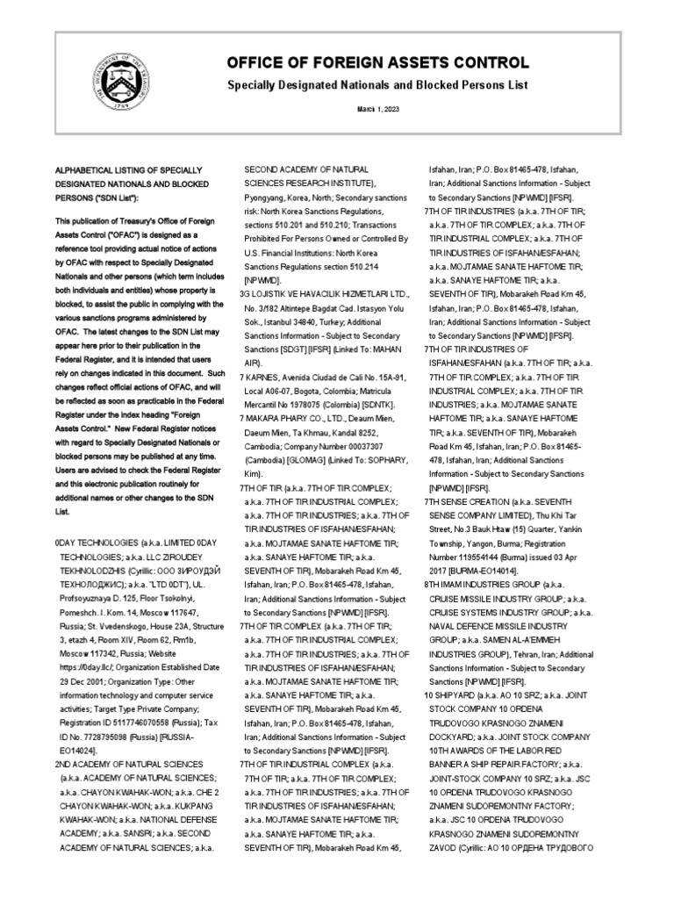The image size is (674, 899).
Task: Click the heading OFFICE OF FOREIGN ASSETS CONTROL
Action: (x=378, y=63)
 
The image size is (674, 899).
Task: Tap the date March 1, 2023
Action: (x=377, y=109)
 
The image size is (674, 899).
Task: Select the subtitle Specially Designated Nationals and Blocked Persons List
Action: (x=378, y=86)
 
